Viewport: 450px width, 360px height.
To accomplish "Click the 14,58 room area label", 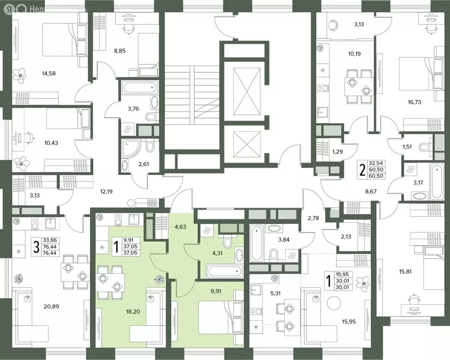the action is tap(49, 73).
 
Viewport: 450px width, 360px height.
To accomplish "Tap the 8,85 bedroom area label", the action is tap(119, 51).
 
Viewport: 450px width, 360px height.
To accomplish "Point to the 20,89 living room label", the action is tap(52, 307).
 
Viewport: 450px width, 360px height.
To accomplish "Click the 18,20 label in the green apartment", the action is tap(133, 311).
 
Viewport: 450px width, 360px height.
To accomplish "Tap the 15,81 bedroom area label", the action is tap(405, 271).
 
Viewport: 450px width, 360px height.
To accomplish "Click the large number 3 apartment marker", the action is tap(36, 247).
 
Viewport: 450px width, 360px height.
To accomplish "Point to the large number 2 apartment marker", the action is tap(362, 170).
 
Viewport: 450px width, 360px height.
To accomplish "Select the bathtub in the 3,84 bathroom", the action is tap(257, 243).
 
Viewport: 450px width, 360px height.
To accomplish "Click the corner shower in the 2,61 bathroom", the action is tap(130, 149).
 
